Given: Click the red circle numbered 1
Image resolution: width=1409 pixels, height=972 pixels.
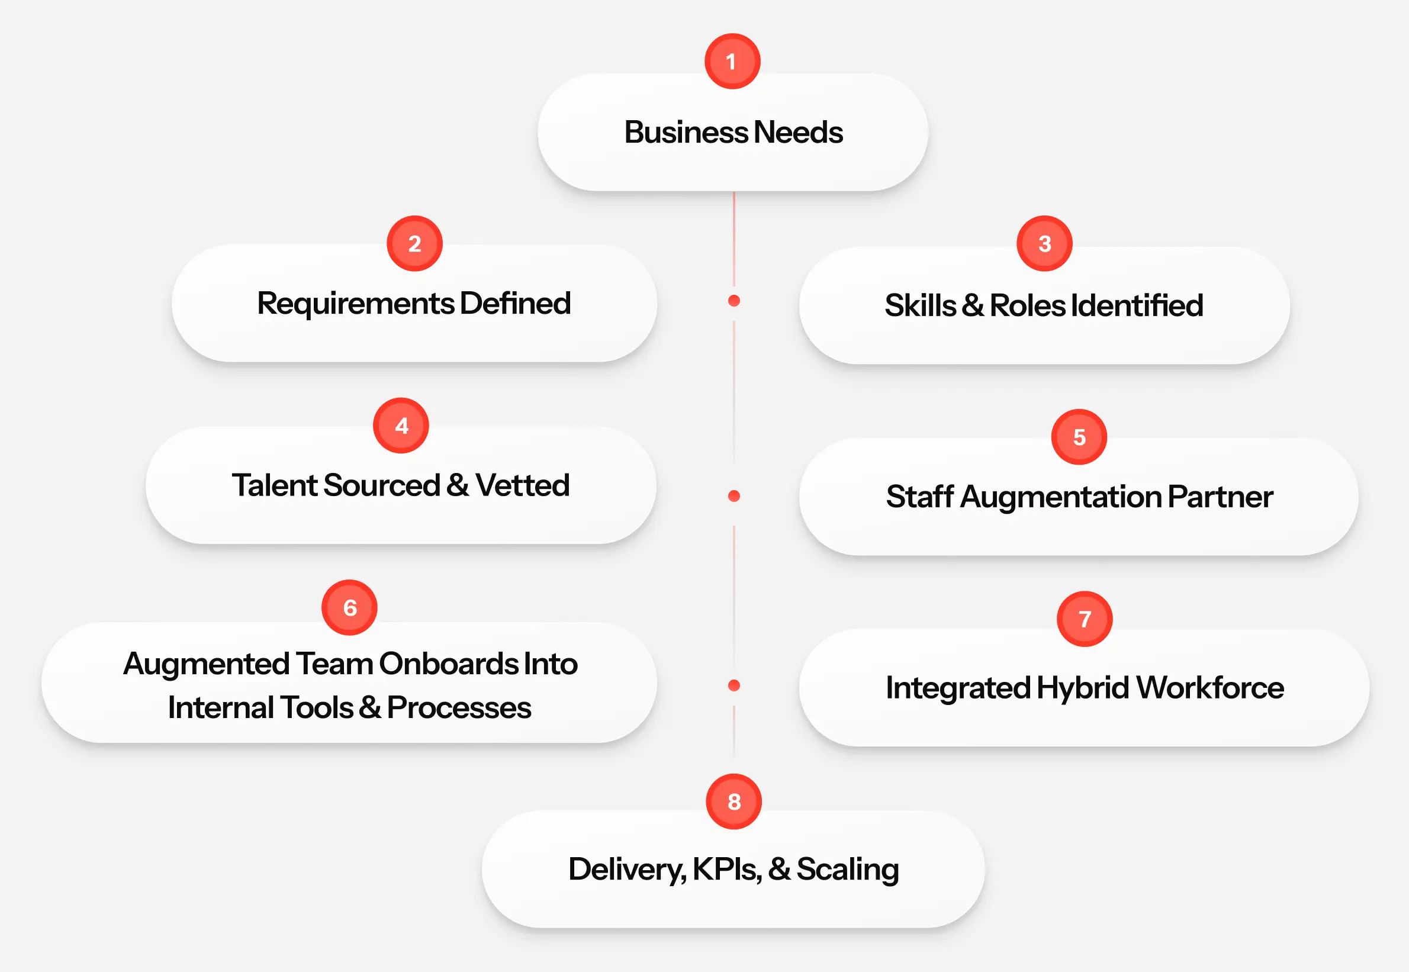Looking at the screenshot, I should tap(732, 62).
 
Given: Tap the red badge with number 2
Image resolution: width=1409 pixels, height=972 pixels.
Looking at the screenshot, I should tap(414, 244).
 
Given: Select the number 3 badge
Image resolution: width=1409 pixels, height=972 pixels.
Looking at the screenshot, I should tap(1044, 244).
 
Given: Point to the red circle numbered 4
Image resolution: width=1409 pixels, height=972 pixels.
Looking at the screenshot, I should tap(401, 426).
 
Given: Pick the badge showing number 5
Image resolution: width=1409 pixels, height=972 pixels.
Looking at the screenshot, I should tap(1079, 437).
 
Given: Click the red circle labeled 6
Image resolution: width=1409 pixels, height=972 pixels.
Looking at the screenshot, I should tap(349, 608).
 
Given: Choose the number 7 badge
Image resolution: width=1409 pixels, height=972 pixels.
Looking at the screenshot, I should tap(1085, 619).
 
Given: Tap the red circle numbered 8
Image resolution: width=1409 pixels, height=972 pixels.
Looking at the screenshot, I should tap(734, 802).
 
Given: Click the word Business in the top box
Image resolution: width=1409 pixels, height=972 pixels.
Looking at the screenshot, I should tap(686, 133).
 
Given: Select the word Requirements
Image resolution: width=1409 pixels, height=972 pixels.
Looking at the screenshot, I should tap(356, 304).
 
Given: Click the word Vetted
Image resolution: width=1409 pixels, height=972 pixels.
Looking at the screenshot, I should tap(522, 486).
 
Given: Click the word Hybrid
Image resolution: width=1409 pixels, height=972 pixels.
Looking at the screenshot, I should tap(1083, 688).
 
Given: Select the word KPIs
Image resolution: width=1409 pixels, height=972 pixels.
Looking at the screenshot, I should tap(727, 870).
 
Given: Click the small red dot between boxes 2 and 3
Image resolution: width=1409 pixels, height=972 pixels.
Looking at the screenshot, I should tap(734, 301).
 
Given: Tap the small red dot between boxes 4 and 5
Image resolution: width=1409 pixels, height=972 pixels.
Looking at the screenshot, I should tap(734, 496).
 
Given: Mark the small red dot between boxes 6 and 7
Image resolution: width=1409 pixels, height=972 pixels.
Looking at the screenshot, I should tap(734, 685).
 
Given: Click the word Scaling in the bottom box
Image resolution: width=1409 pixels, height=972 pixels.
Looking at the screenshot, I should tap(847, 870).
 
